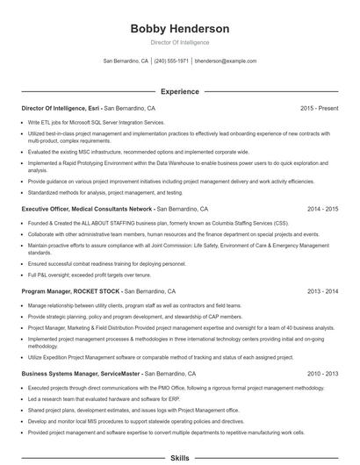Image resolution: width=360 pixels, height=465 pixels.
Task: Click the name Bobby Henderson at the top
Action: (x=179, y=28)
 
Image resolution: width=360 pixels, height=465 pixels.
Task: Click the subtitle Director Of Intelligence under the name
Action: (x=179, y=42)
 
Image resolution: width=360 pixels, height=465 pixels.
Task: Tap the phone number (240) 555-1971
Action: (x=171, y=61)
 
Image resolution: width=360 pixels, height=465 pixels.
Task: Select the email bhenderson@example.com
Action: (x=226, y=61)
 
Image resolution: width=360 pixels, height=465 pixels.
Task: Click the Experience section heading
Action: (x=179, y=91)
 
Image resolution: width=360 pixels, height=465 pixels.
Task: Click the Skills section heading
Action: (x=179, y=458)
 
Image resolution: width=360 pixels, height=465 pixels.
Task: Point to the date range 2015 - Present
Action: (x=319, y=108)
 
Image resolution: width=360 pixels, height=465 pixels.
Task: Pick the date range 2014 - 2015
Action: (x=322, y=210)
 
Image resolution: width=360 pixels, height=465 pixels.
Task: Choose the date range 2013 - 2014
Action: (x=322, y=290)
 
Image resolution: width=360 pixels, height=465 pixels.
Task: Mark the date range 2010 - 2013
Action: (x=322, y=373)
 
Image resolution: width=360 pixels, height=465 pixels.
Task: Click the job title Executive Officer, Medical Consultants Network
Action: (x=87, y=210)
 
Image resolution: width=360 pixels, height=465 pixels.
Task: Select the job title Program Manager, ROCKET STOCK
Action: (x=71, y=290)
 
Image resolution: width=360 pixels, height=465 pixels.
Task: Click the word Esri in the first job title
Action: (x=94, y=108)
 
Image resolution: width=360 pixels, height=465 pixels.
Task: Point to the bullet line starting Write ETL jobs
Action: (x=97, y=122)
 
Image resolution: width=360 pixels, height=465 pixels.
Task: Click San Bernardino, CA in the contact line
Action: (x=126, y=61)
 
